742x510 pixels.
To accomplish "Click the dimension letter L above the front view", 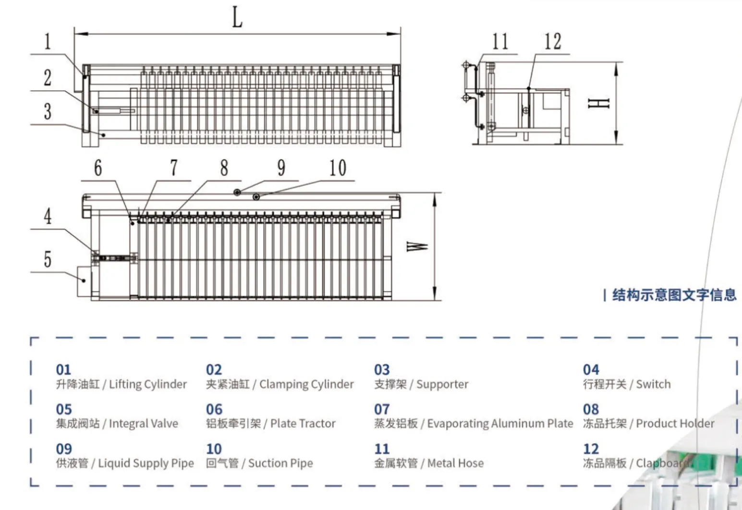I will coord(237,17).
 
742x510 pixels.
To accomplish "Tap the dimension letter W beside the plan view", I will coord(417,246).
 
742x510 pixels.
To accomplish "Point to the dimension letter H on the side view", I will coord(598,103).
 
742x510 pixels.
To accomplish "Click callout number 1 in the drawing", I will coord(48,41).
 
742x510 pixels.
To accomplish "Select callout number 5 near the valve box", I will coord(48,259).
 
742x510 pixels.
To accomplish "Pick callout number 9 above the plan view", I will coord(281,168).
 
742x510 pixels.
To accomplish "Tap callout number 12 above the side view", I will coord(552,41).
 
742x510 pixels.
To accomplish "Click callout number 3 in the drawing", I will coord(48,111).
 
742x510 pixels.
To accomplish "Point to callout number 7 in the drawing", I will coord(174,168).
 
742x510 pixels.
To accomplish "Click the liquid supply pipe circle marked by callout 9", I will coord(237,193).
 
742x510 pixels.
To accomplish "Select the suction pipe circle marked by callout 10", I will coord(256,197).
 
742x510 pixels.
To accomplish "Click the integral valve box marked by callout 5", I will coord(85,281).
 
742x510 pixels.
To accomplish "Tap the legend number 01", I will coord(63,370).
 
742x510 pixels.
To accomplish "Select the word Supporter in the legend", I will coord(442,384).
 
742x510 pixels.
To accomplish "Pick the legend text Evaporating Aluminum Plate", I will coord(500,424).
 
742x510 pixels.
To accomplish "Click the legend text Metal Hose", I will coord(455,463).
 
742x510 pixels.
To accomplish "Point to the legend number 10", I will coord(214,449).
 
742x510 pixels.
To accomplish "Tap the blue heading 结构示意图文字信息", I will coord(674,295).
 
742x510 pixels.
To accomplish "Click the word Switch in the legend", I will coord(653,384).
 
